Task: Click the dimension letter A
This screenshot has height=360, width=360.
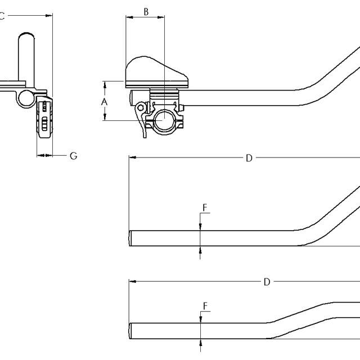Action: [x=104, y=102]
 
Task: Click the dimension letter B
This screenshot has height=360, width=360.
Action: [x=146, y=12]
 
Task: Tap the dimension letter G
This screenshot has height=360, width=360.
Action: [x=74, y=156]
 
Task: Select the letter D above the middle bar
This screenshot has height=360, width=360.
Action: [x=249, y=158]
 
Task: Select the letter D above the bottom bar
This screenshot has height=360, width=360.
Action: [x=267, y=282]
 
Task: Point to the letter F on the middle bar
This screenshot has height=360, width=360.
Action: [x=205, y=208]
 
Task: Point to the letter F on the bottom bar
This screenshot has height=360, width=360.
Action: [x=205, y=306]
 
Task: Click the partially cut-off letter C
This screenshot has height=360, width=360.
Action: [x=2, y=16]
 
